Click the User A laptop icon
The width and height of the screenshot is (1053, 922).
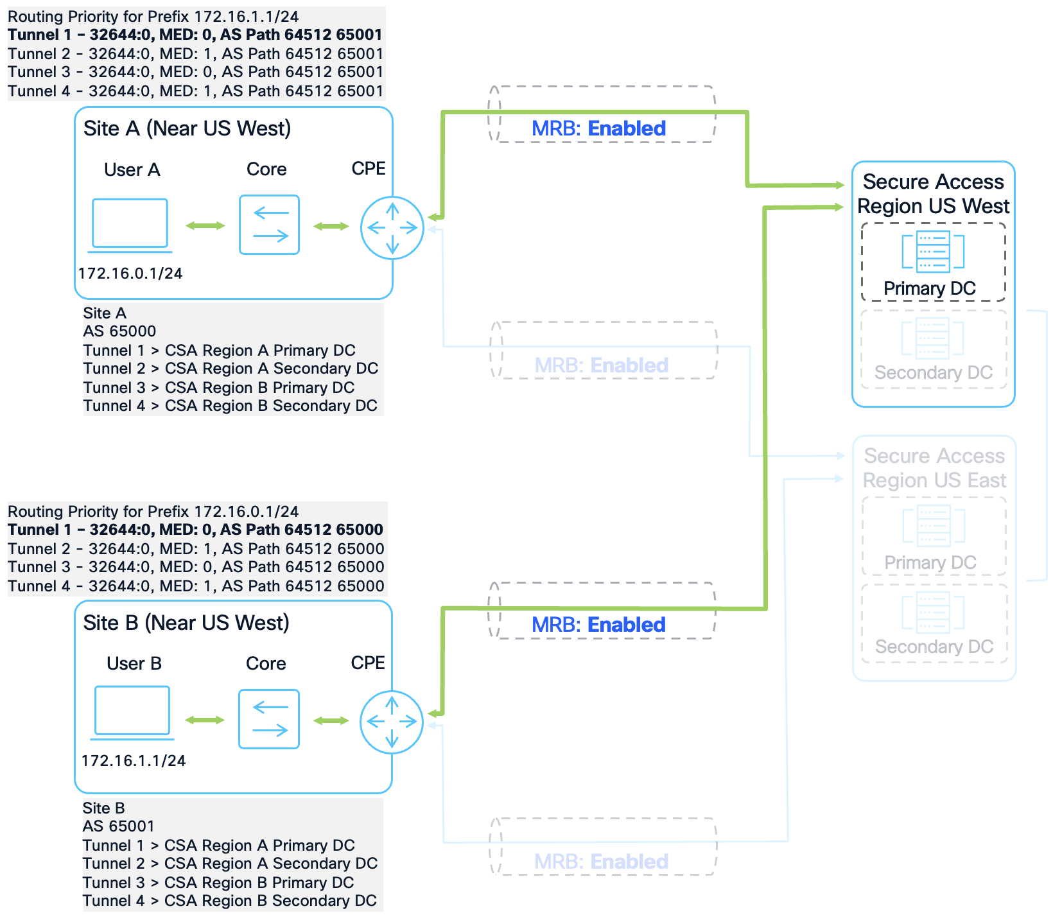pyautogui.click(x=130, y=224)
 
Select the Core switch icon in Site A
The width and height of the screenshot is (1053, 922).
pyautogui.click(x=269, y=225)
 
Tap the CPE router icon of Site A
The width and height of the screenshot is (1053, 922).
pyautogui.click(x=392, y=228)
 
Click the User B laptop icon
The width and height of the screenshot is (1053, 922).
pyautogui.click(x=132, y=711)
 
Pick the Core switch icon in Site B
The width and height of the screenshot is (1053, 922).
pyautogui.click(x=269, y=719)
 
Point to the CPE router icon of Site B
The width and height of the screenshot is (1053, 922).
pyautogui.click(x=391, y=722)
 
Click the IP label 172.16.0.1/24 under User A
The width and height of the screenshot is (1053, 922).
pyautogui.click(x=130, y=274)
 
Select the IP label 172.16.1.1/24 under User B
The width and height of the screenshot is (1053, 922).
pyautogui.click(x=134, y=761)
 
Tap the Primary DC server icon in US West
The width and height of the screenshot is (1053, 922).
pyautogui.click(x=933, y=251)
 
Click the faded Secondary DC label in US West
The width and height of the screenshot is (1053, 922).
pyautogui.click(x=933, y=372)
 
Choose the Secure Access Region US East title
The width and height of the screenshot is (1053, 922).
pyautogui.click(x=934, y=468)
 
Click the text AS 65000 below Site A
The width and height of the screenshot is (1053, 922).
pyautogui.click(x=119, y=331)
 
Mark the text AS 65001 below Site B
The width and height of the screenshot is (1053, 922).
pyautogui.click(x=119, y=826)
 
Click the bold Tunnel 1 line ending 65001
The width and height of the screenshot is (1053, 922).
pyautogui.click(x=195, y=35)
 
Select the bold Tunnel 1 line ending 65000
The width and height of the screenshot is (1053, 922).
pyautogui.click(x=195, y=530)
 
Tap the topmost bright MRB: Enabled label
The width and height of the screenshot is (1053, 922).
pyautogui.click(x=598, y=128)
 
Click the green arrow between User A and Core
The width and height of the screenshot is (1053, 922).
pyautogui.click(x=205, y=225)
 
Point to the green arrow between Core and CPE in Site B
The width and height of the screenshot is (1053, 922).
pyautogui.click(x=331, y=720)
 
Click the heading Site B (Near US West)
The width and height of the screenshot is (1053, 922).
pyautogui.click(x=186, y=623)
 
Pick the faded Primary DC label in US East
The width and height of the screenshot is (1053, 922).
pyautogui.click(x=930, y=562)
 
